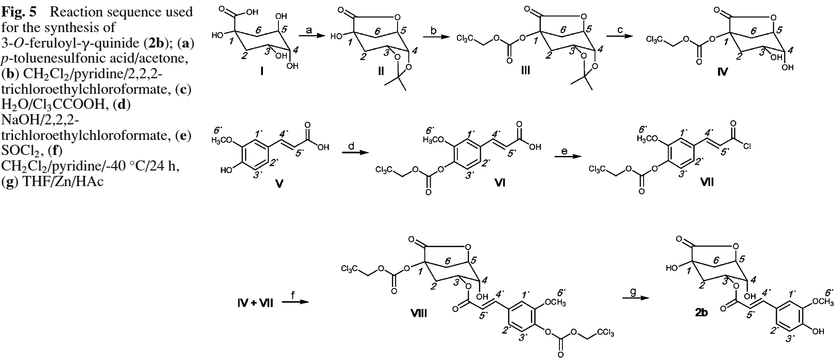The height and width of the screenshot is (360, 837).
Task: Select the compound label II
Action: pos(381,71)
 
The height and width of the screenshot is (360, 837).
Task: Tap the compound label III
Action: pos(525,71)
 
